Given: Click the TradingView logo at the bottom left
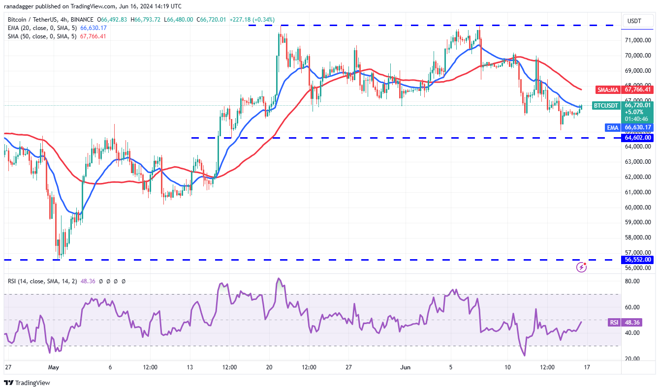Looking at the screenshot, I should pos(27,383).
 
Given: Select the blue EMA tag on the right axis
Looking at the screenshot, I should pos(612,127).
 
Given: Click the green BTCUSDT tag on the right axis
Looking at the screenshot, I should pos(605,105).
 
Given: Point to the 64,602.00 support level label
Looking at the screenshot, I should pos(638,138).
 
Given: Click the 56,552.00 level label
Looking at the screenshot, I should pos(638,260).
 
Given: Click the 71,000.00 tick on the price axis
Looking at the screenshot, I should pos(638,40).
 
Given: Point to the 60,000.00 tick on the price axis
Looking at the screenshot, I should pos(638,207).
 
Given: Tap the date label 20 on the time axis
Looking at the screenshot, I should pos(269,367).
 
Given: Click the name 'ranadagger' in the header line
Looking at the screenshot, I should pos(22,6).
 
